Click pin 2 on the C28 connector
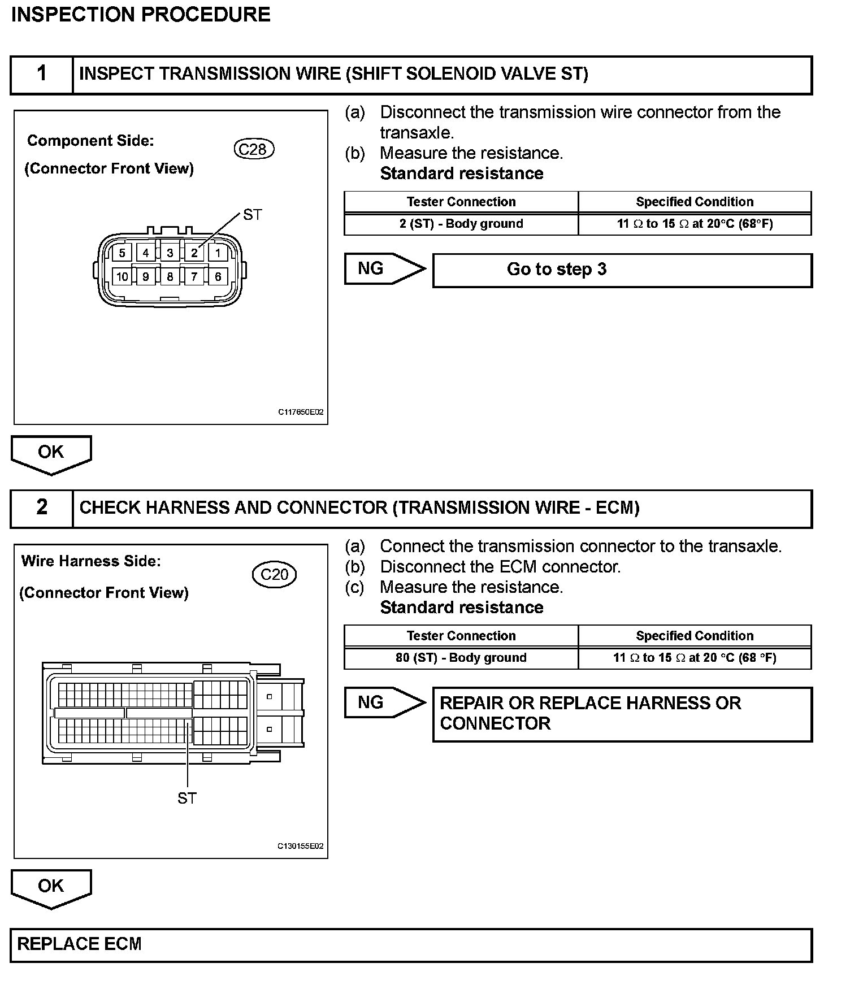(x=194, y=253)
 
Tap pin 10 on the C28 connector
(x=122, y=276)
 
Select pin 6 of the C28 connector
(x=218, y=276)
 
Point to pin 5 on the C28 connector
(x=122, y=253)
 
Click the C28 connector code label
(x=253, y=149)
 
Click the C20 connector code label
(x=274, y=574)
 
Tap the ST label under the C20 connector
(x=187, y=798)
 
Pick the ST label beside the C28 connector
(x=252, y=215)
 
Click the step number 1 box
(x=42, y=74)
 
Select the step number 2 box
(x=42, y=507)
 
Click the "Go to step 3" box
(x=622, y=270)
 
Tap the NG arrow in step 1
(x=384, y=268)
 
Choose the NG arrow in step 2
(x=384, y=702)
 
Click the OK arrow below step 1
(x=51, y=453)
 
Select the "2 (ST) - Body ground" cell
(x=461, y=224)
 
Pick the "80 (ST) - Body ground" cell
(x=461, y=658)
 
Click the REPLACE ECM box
(x=411, y=944)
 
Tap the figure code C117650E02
(x=300, y=413)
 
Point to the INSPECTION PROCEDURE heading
(x=141, y=14)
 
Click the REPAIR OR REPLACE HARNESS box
(x=622, y=713)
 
